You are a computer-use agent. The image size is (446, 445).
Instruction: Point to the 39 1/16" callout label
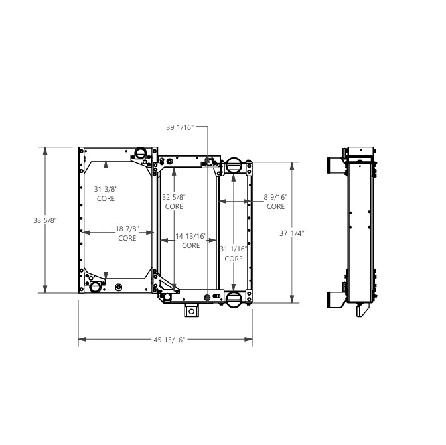180,127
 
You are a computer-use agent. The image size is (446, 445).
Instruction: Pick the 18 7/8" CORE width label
127,233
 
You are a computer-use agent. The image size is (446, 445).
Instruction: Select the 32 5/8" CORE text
174,202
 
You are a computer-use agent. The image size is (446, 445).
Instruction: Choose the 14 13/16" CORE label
191,241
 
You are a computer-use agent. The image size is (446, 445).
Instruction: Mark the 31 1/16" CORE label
233,253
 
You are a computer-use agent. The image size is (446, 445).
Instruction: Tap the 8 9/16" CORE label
275,202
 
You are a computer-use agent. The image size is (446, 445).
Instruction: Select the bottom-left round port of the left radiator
94,286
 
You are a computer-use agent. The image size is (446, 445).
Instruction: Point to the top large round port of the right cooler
234,166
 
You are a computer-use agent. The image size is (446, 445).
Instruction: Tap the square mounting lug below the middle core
192,310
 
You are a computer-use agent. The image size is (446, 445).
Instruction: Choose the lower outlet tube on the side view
334,299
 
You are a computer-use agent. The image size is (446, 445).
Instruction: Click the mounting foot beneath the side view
362,310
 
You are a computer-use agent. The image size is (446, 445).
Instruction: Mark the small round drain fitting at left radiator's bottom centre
119,287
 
